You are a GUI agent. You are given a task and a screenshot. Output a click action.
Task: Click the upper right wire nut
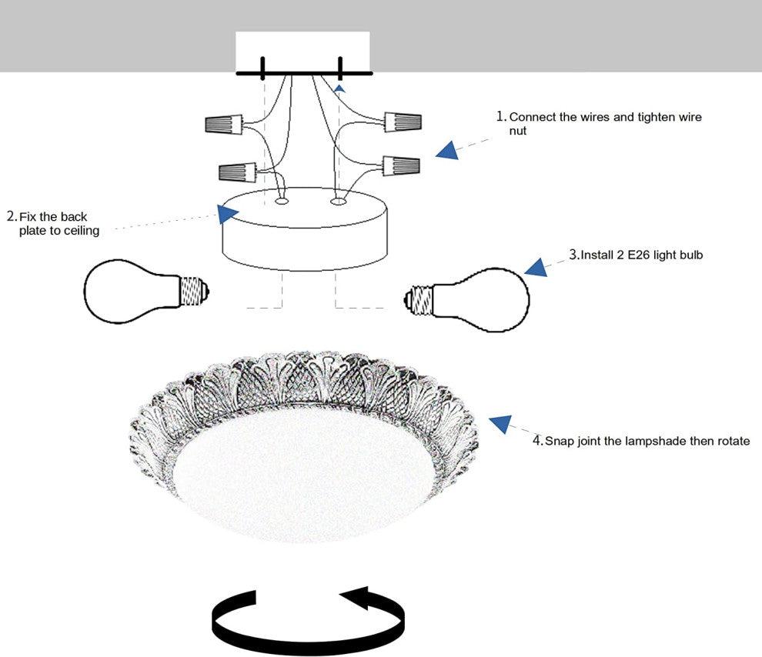[403, 121]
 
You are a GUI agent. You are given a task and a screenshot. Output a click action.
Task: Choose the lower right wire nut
[402, 165]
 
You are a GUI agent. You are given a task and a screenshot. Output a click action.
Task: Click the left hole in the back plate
[281, 202]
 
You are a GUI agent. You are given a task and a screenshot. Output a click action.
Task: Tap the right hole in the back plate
[337, 202]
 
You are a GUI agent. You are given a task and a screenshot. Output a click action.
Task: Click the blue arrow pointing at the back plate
[227, 213]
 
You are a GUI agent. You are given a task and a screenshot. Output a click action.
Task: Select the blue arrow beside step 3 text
[536, 267]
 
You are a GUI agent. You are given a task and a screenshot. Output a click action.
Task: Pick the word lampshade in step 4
[660, 442]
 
